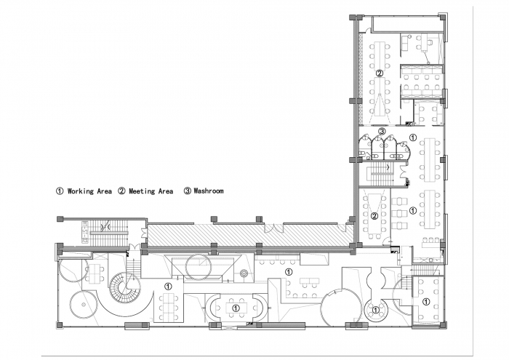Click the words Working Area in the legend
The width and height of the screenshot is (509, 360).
click(89, 191)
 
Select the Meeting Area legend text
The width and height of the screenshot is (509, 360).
click(151, 191)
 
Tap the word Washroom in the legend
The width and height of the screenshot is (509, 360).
click(209, 191)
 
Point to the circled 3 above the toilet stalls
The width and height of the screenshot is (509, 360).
click(382, 132)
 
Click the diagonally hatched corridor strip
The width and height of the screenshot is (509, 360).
click(250, 234)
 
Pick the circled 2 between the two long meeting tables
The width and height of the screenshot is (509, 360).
click(379, 73)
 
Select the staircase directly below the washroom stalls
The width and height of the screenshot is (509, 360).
click(379, 175)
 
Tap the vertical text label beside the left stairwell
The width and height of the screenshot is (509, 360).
click(85, 233)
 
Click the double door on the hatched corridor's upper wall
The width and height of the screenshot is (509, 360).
click(274, 228)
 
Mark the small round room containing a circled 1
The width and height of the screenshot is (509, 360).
click(376, 310)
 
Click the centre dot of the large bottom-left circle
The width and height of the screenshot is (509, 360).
click(84, 304)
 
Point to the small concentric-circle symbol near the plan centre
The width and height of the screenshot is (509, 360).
click(244, 273)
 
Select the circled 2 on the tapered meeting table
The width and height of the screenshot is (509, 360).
click(374, 216)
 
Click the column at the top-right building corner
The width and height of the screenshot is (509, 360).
click(442, 17)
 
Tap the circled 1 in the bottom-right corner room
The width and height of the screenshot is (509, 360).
click(426, 302)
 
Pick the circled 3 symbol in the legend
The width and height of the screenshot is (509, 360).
click(188, 191)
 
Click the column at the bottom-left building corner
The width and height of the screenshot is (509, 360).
click(60, 324)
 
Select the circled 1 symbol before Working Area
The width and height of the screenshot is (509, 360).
click(60, 191)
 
